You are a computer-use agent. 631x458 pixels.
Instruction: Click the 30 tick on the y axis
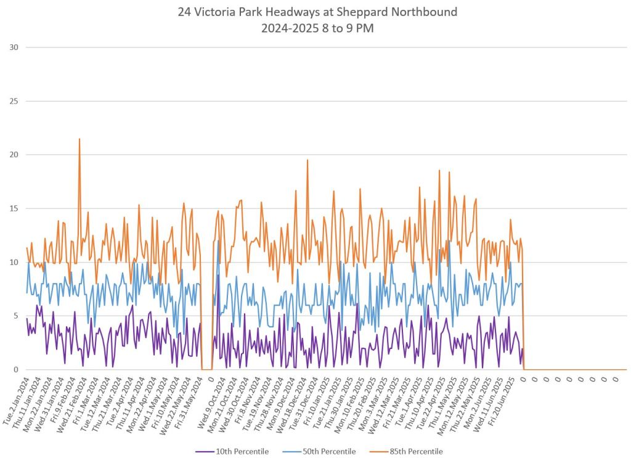(14, 47)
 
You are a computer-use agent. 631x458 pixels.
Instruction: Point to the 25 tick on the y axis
(14, 101)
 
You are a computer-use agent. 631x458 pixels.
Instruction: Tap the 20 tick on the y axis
(14, 155)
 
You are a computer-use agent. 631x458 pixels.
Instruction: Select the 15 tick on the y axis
(14, 208)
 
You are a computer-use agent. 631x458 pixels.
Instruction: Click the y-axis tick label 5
(15, 316)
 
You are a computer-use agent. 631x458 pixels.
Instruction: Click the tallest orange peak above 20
(79, 139)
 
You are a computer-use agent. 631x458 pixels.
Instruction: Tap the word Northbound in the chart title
(436, 12)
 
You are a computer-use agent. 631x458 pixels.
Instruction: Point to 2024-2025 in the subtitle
(290, 28)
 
